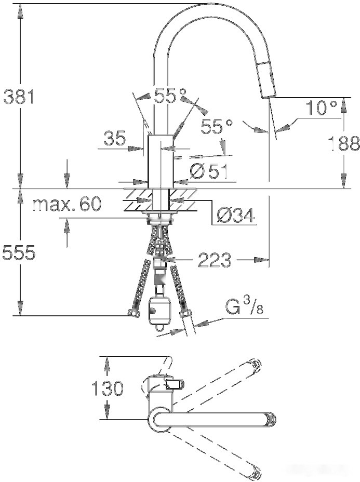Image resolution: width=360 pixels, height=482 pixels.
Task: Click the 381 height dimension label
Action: tap(19, 97)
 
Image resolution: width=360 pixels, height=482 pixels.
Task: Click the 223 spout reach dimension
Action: tap(214, 259)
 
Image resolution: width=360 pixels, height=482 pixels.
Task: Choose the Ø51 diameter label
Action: tap(208, 171)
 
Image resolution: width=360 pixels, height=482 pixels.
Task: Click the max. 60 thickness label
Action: tap(66, 205)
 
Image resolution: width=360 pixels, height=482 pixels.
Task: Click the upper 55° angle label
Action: tap(170, 96)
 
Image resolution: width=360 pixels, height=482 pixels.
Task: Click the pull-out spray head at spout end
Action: tap(266, 78)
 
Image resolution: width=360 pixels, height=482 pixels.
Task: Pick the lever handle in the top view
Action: tap(175, 384)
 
